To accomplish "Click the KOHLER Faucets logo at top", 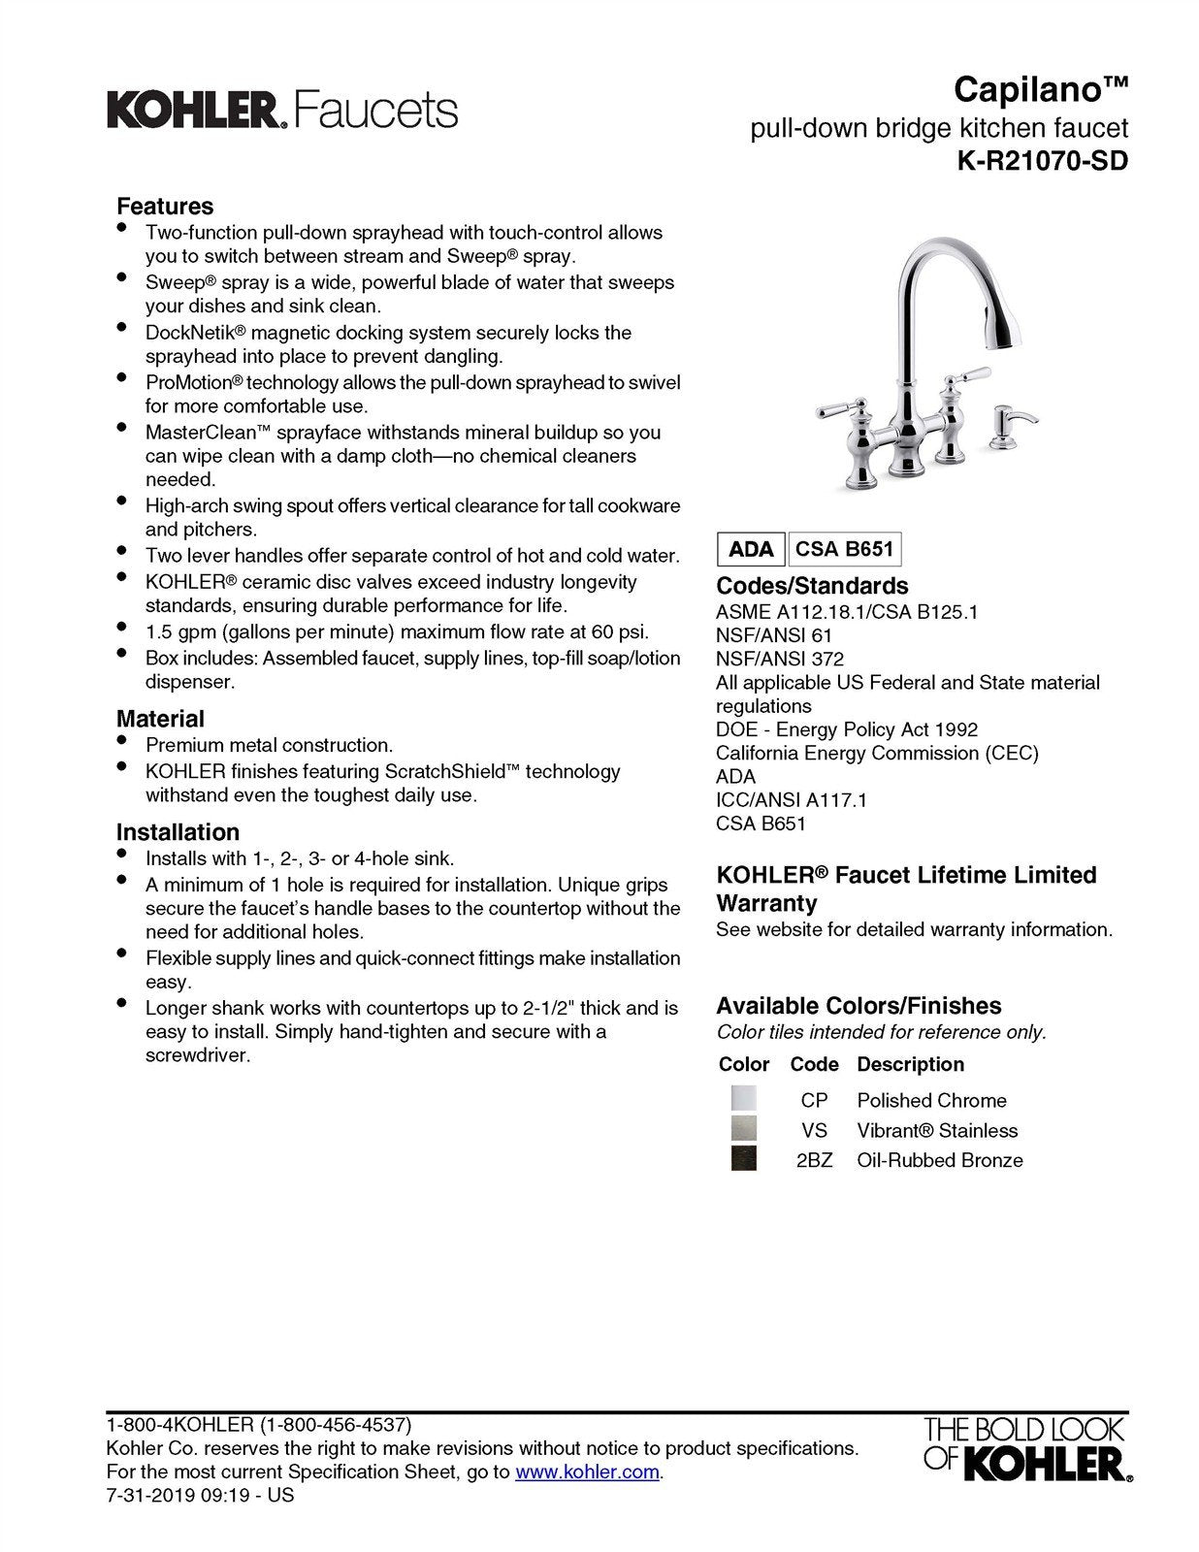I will pos(281,111).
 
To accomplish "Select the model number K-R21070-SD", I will pos(1043,161).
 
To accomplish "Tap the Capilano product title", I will pos(1041,90).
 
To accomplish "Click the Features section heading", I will pos(165,206).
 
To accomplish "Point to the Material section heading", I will pos(160,719).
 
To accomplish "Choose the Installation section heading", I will pos(178,832).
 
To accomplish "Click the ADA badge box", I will pos(751,550).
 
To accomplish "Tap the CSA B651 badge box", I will pos(844,550).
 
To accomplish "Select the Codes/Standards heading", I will pos(812,586).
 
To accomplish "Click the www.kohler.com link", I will pos(587,1471).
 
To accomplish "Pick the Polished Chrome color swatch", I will pos(744,1099).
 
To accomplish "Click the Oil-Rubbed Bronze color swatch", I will pos(744,1159).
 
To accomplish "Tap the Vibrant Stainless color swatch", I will pos(744,1129).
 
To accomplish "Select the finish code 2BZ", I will pos(814,1160).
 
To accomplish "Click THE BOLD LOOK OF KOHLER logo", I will pos(1026,1448).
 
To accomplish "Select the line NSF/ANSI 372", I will pos(780,659).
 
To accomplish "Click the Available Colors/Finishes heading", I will pos(859,1006).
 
